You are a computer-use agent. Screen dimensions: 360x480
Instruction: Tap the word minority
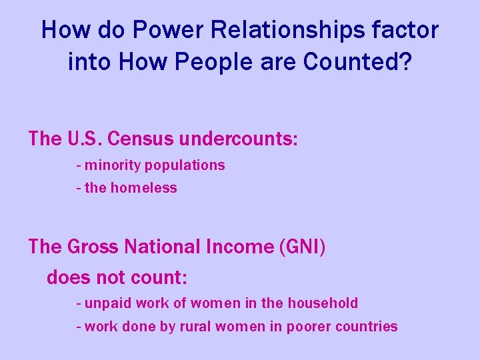pyautogui.click(x=113, y=165)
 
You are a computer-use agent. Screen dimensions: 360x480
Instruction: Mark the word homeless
pyautogui.click(x=144, y=188)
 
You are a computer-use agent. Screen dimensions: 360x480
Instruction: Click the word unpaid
pyautogui.click(x=107, y=303)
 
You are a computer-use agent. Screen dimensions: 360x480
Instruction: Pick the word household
pyautogui.click(x=323, y=303)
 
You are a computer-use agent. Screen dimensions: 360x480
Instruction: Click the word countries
pyautogui.click(x=367, y=327)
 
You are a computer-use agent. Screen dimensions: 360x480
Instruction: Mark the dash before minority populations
pyautogui.click(x=79, y=165)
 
